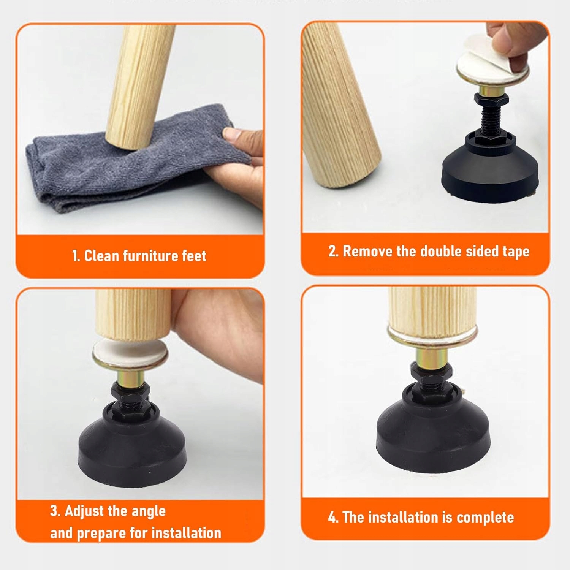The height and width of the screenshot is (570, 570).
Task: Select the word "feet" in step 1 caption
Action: (x=194, y=256)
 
